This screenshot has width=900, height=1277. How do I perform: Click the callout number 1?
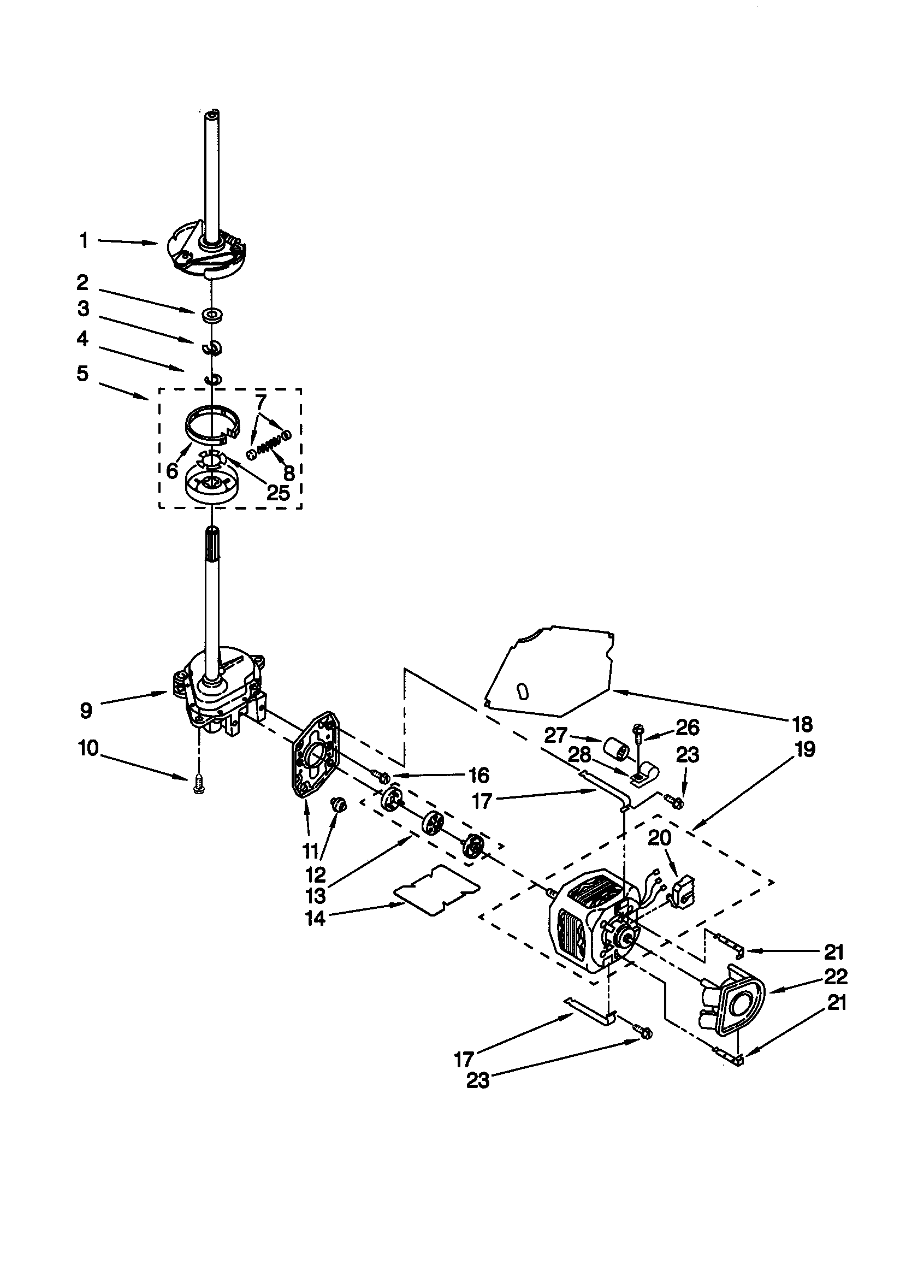(x=84, y=241)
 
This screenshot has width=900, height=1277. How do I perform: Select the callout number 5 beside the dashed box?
(x=82, y=373)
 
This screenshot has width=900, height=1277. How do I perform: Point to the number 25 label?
(x=278, y=492)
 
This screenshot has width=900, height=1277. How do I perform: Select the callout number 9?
(x=85, y=710)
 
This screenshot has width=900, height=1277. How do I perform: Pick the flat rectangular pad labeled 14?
(x=437, y=890)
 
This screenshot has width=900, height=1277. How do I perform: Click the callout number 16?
(x=479, y=774)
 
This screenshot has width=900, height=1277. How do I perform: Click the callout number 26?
(x=687, y=727)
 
